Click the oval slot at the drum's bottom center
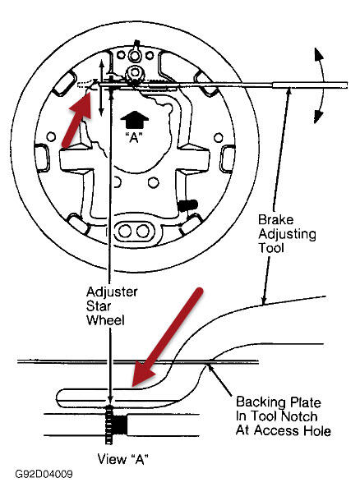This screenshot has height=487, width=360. [135, 227]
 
